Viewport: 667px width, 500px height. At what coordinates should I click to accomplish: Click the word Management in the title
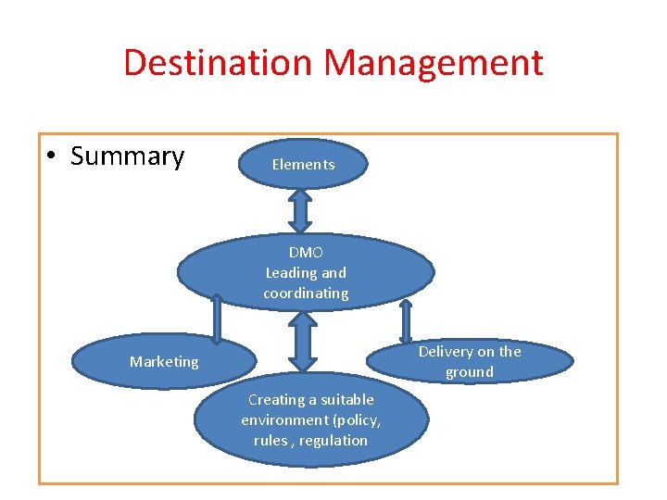point(434,63)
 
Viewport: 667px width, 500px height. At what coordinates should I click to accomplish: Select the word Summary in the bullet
point(127,156)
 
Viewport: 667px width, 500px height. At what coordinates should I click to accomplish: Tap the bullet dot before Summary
point(54,157)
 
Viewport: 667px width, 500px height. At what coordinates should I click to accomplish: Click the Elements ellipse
point(303,164)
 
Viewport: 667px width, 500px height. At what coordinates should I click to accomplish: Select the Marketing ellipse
point(164,361)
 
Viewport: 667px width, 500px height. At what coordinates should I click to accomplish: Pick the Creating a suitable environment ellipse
point(310,419)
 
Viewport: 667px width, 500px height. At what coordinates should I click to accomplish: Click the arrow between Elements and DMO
point(301,211)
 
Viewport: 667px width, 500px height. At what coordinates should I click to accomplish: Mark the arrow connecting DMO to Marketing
point(216,318)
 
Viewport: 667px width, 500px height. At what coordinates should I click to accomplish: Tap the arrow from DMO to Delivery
point(406,323)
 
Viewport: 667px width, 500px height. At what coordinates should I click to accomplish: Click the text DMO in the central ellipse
point(306,252)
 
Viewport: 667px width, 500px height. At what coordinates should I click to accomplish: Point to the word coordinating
point(306,294)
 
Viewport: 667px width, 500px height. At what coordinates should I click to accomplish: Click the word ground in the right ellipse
point(469,372)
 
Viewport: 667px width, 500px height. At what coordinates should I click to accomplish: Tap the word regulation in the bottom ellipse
point(333,441)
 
